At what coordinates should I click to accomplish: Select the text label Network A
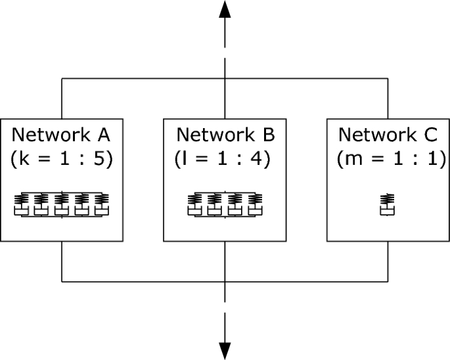click(62, 135)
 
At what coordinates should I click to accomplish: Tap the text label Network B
click(225, 135)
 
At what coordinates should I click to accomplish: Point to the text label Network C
click(388, 135)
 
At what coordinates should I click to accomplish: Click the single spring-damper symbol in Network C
click(388, 205)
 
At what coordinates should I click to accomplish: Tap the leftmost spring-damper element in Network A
click(21, 205)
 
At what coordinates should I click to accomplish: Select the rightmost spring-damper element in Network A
click(102, 205)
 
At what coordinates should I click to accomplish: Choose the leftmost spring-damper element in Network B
click(195, 205)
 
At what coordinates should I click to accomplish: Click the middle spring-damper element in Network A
click(62, 205)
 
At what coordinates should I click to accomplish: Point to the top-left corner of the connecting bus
click(62, 79)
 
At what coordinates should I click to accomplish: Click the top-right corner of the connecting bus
click(388, 79)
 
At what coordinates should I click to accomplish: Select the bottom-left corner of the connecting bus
click(62, 282)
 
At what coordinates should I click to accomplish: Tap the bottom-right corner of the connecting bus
click(388, 282)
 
